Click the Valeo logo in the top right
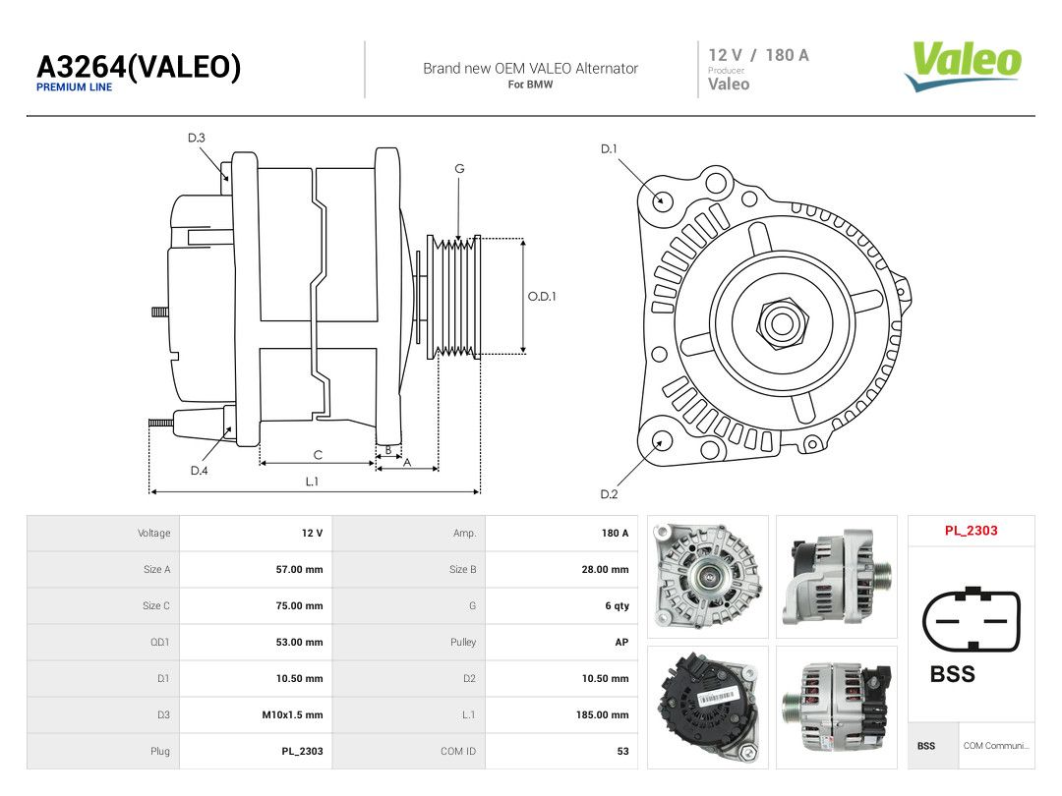tap(963, 66)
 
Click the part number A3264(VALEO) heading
tap(139, 67)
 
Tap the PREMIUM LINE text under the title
tap(75, 87)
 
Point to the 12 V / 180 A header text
tap(758, 55)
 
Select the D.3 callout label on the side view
tap(197, 139)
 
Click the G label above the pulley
tap(459, 169)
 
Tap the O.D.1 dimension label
tap(542, 297)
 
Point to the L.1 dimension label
tap(312, 482)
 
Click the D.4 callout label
tap(199, 471)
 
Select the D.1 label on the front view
tap(609, 149)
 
